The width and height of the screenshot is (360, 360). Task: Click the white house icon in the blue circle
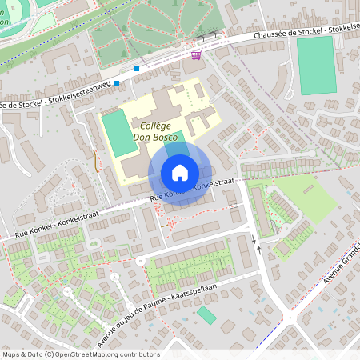pyautogui.click(x=179, y=173)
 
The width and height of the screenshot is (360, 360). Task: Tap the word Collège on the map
pyautogui.click(x=157, y=126)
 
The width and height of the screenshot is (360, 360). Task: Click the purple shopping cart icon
pyautogui.click(x=196, y=54)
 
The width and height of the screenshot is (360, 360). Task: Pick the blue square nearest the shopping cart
pyautogui.click(x=137, y=69)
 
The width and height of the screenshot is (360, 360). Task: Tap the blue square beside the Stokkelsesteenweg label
pyautogui.click(x=117, y=83)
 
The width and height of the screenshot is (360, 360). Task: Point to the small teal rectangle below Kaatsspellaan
pyautogui.click(x=206, y=315)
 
